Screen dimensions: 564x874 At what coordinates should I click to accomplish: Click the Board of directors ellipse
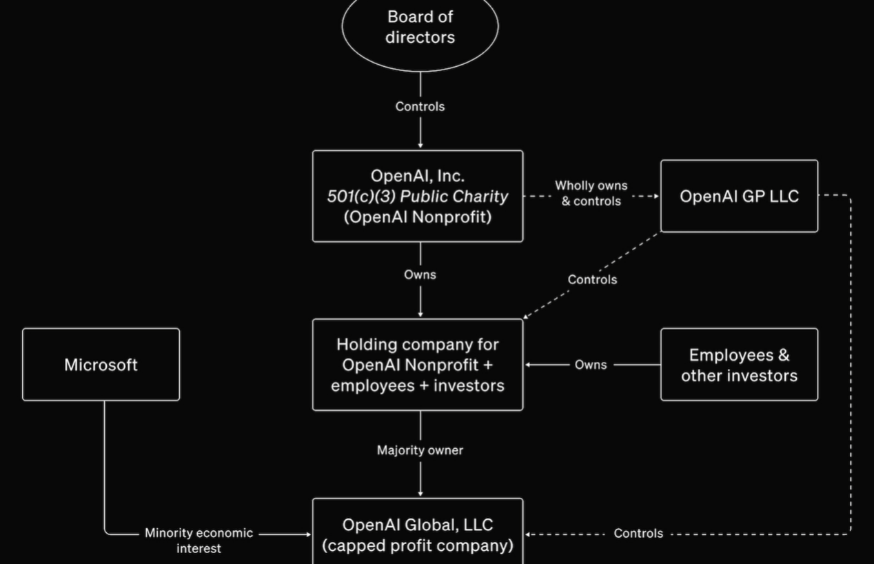(x=420, y=28)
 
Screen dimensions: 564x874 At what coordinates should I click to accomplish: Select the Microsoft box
(x=101, y=365)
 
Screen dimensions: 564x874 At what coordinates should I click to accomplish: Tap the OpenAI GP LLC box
(x=739, y=197)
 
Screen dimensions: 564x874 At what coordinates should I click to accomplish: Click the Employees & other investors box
(x=739, y=365)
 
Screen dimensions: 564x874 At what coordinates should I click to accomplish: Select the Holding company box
(x=418, y=365)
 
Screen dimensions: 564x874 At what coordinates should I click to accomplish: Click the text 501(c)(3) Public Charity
(x=417, y=197)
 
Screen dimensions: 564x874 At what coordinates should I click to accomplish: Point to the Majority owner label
(x=420, y=450)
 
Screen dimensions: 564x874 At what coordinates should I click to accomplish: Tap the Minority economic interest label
(x=199, y=541)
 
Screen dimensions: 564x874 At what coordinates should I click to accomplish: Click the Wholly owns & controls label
(x=591, y=194)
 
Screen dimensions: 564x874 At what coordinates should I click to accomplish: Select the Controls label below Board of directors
(x=420, y=106)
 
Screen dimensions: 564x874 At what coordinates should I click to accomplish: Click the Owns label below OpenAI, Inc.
(x=420, y=274)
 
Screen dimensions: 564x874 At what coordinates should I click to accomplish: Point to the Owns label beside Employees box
(x=591, y=365)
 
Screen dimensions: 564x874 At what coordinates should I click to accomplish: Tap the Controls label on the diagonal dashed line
(x=592, y=279)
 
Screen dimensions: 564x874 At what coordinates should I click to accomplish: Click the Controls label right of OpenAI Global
(x=638, y=534)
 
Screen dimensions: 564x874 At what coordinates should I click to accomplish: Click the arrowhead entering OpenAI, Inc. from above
(x=420, y=145)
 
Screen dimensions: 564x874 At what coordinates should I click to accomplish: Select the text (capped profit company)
(x=418, y=545)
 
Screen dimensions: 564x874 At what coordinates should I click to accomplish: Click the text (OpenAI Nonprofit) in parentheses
(x=418, y=216)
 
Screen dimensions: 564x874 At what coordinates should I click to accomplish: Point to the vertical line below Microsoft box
(x=105, y=462)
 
